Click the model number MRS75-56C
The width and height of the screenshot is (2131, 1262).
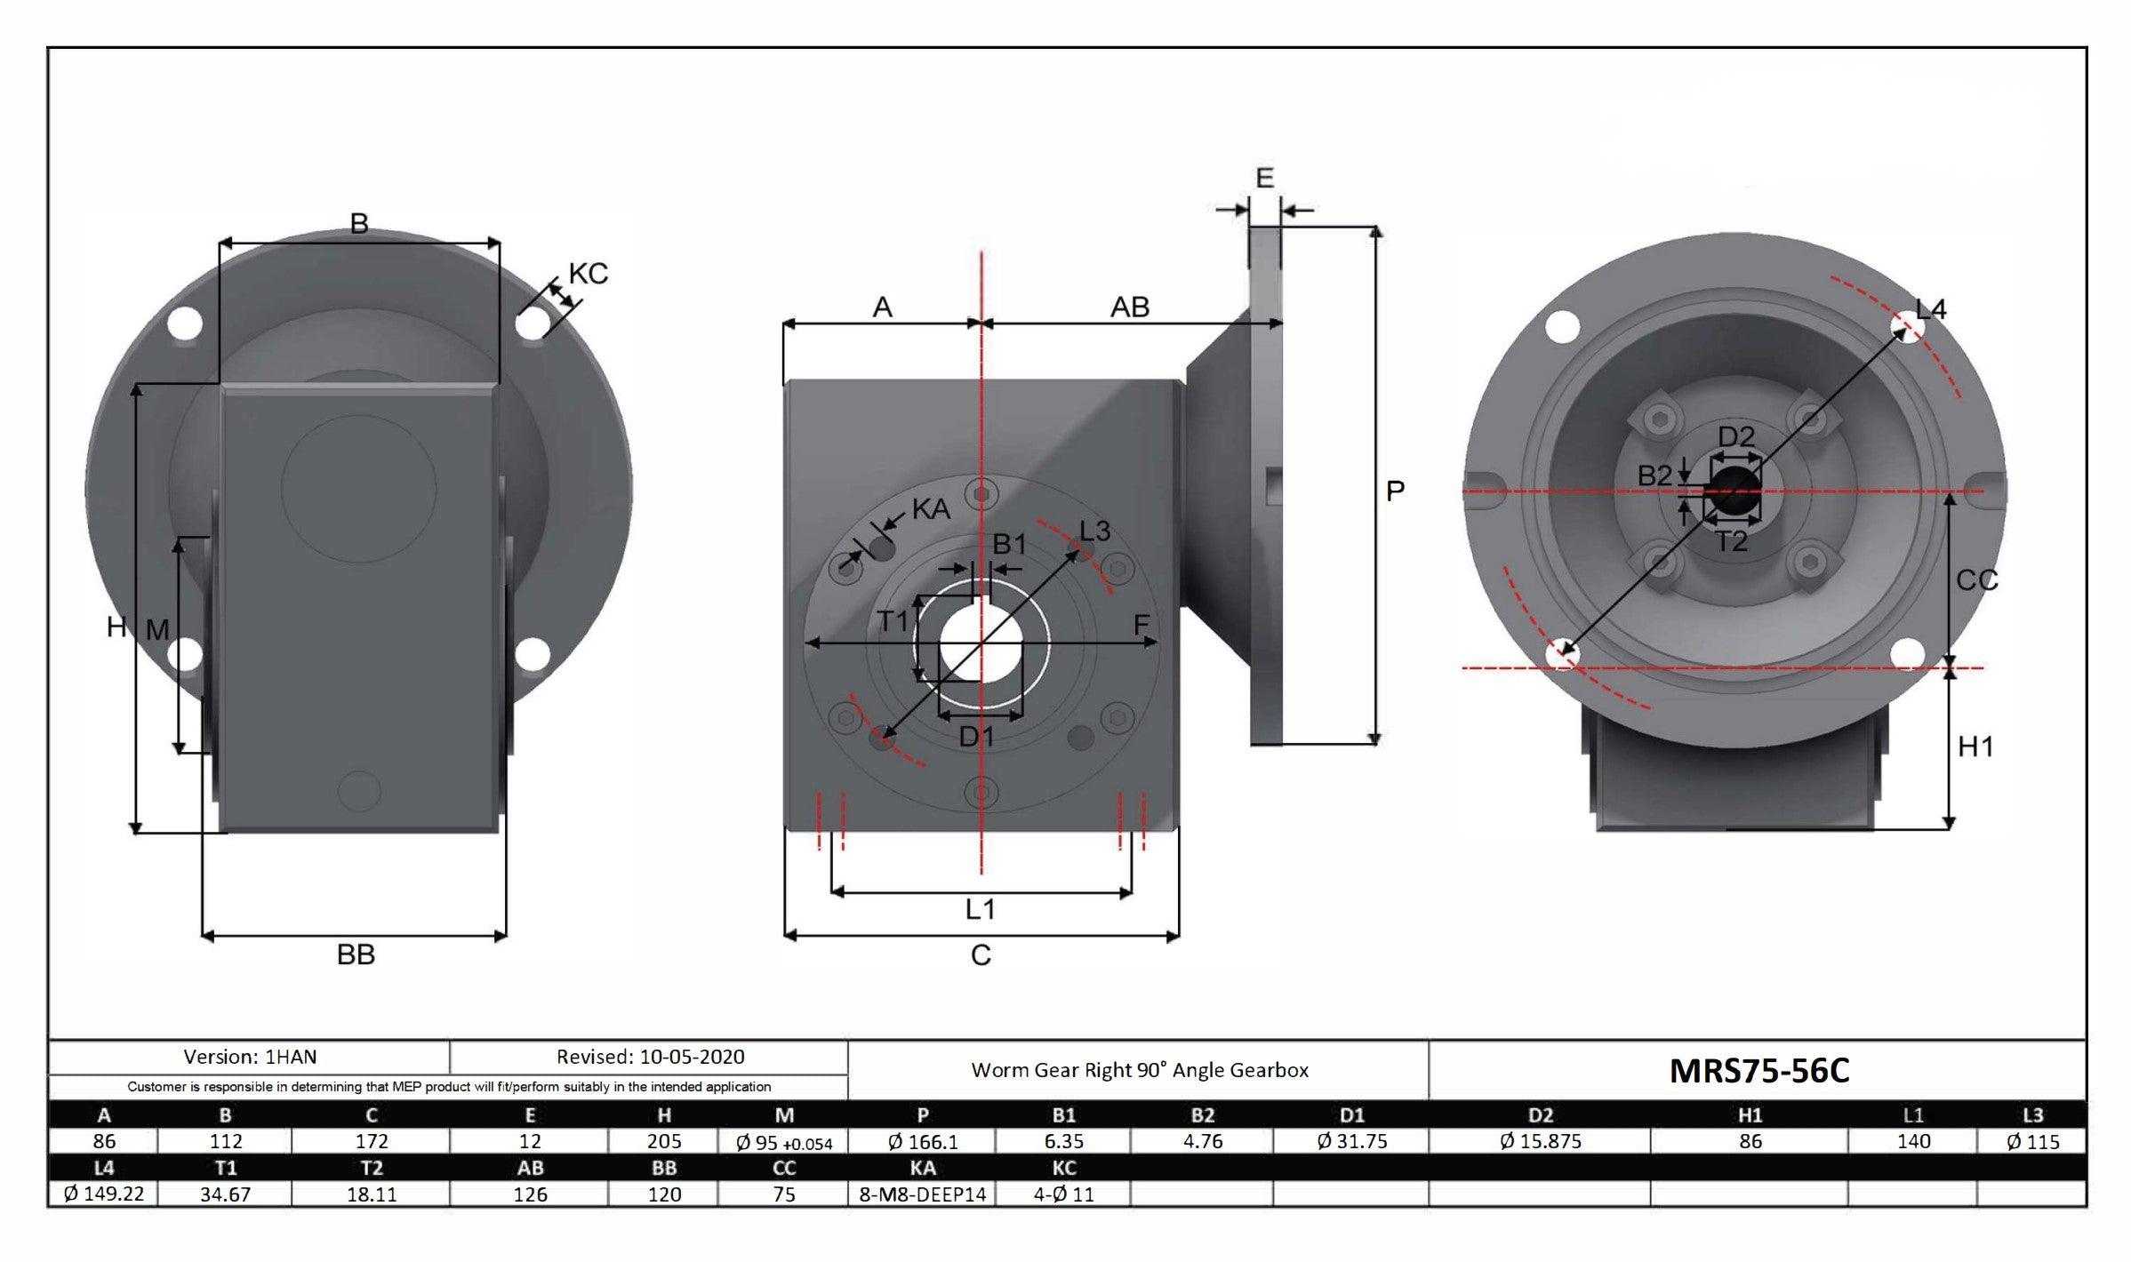1758,1071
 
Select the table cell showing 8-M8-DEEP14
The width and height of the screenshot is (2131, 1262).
922,1194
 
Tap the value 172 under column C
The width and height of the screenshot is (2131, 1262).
371,1141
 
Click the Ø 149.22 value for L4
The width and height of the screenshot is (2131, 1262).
103,1194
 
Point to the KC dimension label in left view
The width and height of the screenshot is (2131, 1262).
588,274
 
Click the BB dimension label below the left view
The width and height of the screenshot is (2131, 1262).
356,955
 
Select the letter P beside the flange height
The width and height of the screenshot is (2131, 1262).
1395,491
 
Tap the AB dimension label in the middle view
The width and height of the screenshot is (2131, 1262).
1129,308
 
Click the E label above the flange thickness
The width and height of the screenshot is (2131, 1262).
1264,179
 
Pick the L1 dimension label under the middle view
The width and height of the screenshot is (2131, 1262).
980,909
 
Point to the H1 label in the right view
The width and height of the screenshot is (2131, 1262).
1975,747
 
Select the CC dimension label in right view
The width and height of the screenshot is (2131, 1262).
1976,580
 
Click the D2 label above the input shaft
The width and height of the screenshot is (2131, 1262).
1735,436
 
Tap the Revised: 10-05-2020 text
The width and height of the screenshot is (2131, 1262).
650,1057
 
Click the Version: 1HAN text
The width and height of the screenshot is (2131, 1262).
250,1057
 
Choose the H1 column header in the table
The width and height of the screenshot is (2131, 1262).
1749,1114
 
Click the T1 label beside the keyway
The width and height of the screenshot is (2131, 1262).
893,620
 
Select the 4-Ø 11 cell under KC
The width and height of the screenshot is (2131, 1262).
1063,1194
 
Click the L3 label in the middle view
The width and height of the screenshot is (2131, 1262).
1094,531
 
